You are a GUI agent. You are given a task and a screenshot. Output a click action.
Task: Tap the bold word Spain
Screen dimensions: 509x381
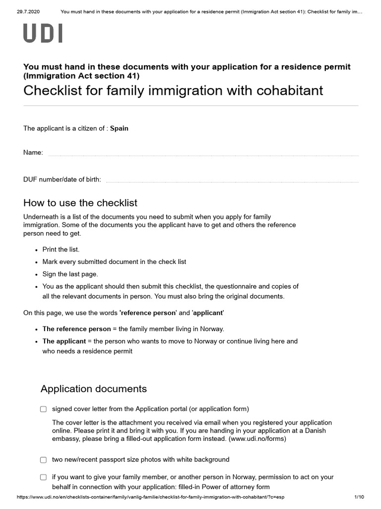click(119, 128)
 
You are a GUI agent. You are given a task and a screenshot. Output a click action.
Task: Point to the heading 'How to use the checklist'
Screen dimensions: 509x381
click(80, 203)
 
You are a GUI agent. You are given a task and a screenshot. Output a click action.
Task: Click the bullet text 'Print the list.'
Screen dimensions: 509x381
click(61, 249)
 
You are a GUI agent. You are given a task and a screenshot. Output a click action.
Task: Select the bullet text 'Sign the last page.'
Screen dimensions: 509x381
click(70, 274)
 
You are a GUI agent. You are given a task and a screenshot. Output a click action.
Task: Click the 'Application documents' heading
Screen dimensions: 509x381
click(94, 388)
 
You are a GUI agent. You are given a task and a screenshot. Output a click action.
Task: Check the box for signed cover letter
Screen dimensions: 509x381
click(44, 409)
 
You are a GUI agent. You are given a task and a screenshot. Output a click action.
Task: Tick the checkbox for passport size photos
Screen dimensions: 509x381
click(44, 460)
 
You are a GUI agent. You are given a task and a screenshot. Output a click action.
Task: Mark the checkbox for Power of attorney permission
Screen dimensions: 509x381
click(44, 477)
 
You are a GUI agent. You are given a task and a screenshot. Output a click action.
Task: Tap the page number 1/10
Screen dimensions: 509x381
click(359, 497)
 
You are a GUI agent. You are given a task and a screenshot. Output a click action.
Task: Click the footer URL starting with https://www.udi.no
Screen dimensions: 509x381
click(151, 497)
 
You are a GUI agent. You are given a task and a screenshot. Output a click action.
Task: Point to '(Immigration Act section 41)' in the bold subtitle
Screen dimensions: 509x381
click(81, 76)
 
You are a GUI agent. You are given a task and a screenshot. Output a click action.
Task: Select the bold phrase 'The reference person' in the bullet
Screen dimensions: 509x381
click(77, 329)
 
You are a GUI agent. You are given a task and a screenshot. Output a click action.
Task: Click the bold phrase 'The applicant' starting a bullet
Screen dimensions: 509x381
click(64, 341)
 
